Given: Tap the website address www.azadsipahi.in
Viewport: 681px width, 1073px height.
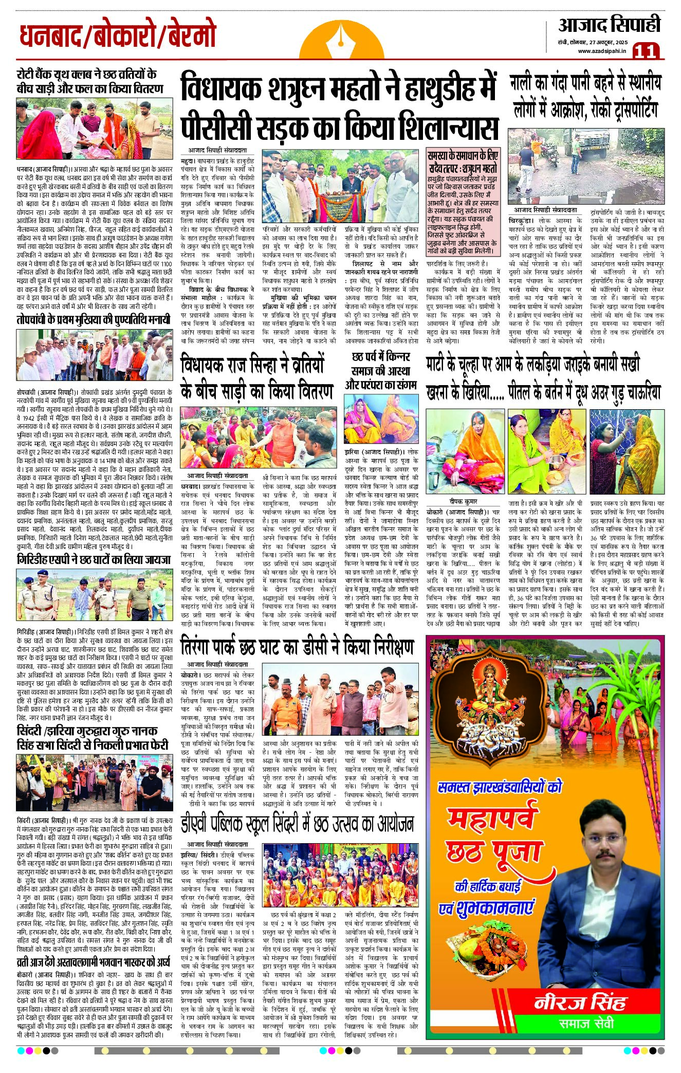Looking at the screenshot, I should point(602,51).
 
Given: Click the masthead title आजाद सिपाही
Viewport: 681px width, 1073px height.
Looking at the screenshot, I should point(609,25).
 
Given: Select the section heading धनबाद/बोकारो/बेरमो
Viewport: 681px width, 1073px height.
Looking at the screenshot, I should point(118,35).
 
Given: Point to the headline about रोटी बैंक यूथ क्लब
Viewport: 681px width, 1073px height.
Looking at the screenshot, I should point(90,81).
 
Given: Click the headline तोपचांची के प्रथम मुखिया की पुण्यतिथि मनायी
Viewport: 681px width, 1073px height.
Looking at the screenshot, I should point(93,320).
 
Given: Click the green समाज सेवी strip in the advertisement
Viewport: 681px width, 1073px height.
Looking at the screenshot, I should point(586,1023).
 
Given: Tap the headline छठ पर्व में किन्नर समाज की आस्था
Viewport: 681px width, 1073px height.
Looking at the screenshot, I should point(381,370).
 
